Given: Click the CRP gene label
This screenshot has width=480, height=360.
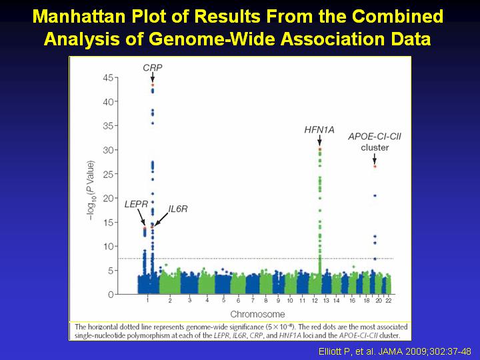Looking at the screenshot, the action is [153, 67].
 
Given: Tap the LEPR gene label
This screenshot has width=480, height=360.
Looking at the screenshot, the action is [136, 204].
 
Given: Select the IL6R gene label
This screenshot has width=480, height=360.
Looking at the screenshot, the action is [178, 209].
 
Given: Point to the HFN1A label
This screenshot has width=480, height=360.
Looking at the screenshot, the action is [319, 130].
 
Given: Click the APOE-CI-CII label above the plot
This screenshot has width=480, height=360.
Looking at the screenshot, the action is [375, 137].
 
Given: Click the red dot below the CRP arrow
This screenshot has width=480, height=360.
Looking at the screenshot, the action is [153, 85].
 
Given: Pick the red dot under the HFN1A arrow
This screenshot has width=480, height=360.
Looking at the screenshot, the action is [320, 149].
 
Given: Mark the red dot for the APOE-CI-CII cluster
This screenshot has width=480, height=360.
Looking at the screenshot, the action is [375, 167].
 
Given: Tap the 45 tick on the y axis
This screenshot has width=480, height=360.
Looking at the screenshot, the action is [108, 78].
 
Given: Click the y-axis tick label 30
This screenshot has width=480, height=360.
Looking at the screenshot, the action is [108, 150].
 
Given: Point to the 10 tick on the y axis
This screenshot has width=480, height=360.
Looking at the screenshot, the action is [108, 247].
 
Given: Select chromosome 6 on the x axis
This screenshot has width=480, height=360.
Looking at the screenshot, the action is [238, 301].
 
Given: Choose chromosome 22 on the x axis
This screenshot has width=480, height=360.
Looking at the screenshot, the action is [388, 301].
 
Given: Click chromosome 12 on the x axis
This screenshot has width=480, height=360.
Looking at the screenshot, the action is [315, 301].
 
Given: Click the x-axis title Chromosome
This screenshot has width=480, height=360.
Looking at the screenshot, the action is [257, 314].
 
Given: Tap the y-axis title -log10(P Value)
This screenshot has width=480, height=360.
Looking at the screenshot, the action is [91, 191].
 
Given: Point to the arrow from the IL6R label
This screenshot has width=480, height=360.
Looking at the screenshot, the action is [161, 219].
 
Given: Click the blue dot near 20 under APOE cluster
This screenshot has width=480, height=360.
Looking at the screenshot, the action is [375, 195].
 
